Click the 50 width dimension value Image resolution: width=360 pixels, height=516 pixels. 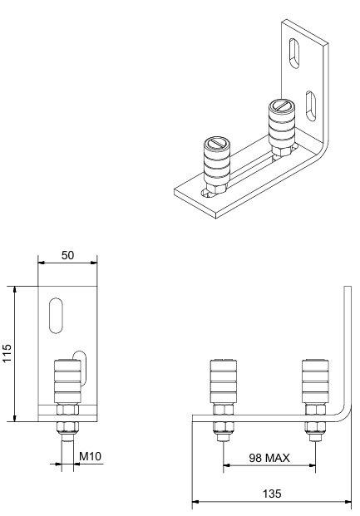pyautogui.click(x=68, y=255)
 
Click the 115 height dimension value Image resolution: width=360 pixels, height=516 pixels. pyautogui.click(x=7, y=353)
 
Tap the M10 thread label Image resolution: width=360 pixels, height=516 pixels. pyautogui.click(x=91, y=456)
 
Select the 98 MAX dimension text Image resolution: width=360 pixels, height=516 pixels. pyautogui.click(x=269, y=458)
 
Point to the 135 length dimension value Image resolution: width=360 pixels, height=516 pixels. pyautogui.click(x=272, y=494)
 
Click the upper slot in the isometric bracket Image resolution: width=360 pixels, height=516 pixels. pyautogui.click(x=293, y=54)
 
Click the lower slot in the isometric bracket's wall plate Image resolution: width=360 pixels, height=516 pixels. pyautogui.click(x=311, y=106)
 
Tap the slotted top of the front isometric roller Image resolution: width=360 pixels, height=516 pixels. pyautogui.click(x=216, y=144)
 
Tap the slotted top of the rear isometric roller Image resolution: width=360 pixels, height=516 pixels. pyautogui.click(x=282, y=106)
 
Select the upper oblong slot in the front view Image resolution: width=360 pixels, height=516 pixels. pyautogui.click(x=56, y=316)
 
